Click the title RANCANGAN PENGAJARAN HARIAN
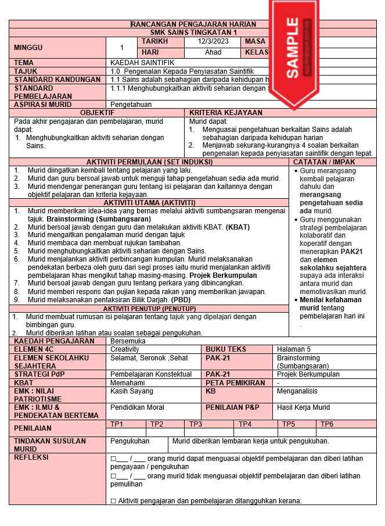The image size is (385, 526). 193,24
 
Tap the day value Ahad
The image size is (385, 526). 213,52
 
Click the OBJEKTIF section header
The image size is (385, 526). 97,113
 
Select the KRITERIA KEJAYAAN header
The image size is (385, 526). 226,113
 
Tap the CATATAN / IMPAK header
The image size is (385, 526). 333,162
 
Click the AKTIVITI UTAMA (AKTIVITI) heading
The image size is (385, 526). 149,202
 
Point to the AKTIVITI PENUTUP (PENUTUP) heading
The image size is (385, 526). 149,308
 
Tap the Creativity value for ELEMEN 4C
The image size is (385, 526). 125,349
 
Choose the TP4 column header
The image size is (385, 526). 245,424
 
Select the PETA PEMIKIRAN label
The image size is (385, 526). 235,383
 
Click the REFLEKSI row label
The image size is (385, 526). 31,457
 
